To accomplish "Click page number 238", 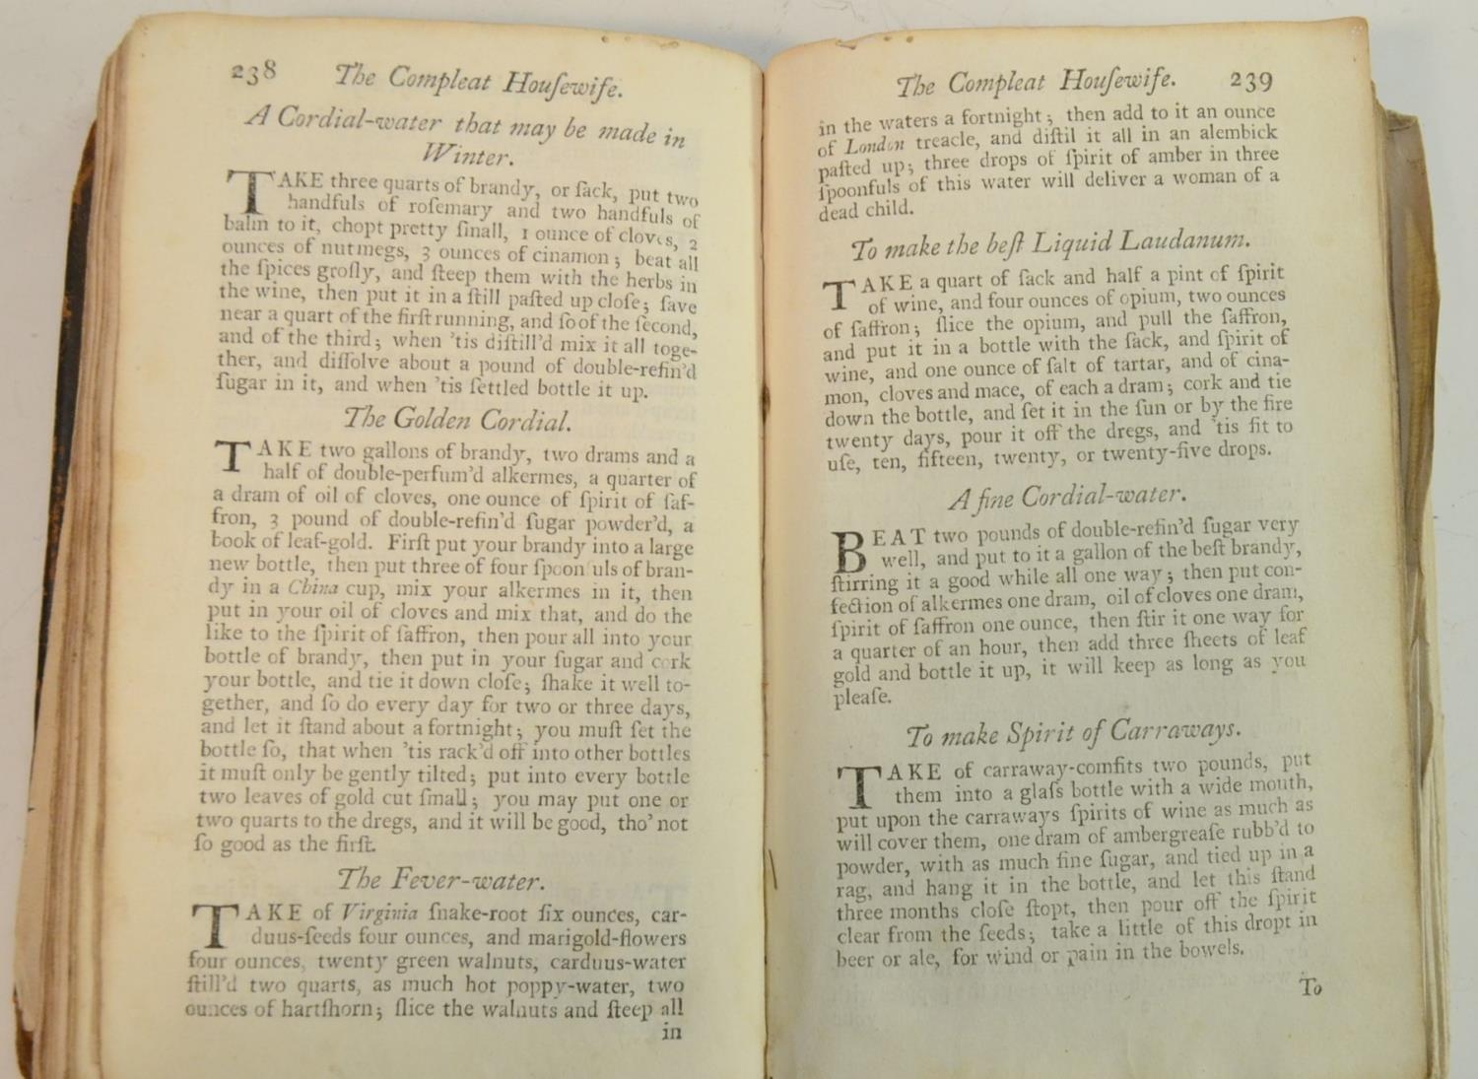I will click(254, 71).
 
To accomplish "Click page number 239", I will click(1250, 80).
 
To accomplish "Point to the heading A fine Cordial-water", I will click(1067, 496).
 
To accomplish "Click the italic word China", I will click(313, 589).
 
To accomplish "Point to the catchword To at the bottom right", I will click(1310, 987).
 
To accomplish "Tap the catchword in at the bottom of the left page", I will click(671, 1033).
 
